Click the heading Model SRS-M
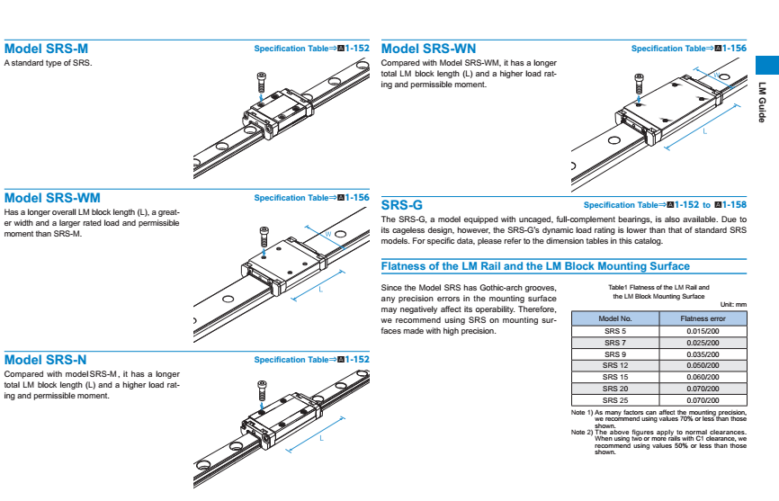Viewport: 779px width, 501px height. pyautogui.click(x=46, y=49)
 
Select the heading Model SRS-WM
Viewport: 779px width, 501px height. pyautogui.click(x=52, y=197)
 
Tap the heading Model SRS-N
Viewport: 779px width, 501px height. pyautogui.click(x=46, y=359)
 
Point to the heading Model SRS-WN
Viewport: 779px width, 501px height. pyautogui.click(x=429, y=49)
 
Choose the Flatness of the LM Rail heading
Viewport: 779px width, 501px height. pyautogui.click(x=535, y=266)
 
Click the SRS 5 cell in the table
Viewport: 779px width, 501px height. pyautogui.click(x=615, y=331)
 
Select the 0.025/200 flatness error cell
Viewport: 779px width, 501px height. pyautogui.click(x=703, y=343)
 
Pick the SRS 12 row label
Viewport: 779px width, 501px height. pyautogui.click(x=615, y=365)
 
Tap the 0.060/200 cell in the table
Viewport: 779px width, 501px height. pyautogui.click(x=703, y=377)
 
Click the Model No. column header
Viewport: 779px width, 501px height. pyautogui.click(x=615, y=318)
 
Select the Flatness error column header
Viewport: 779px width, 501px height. pyautogui.click(x=703, y=318)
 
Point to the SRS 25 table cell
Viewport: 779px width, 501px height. pyautogui.click(x=615, y=399)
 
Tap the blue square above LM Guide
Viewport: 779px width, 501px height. pyautogui.click(x=766, y=65)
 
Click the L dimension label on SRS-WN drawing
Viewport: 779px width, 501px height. pyautogui.click(x=704, y=131)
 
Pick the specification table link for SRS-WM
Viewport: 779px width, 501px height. pyautogui.click(x=311, y=198)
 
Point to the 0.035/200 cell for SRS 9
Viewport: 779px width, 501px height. pyautogui.click(x=703, y=354)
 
